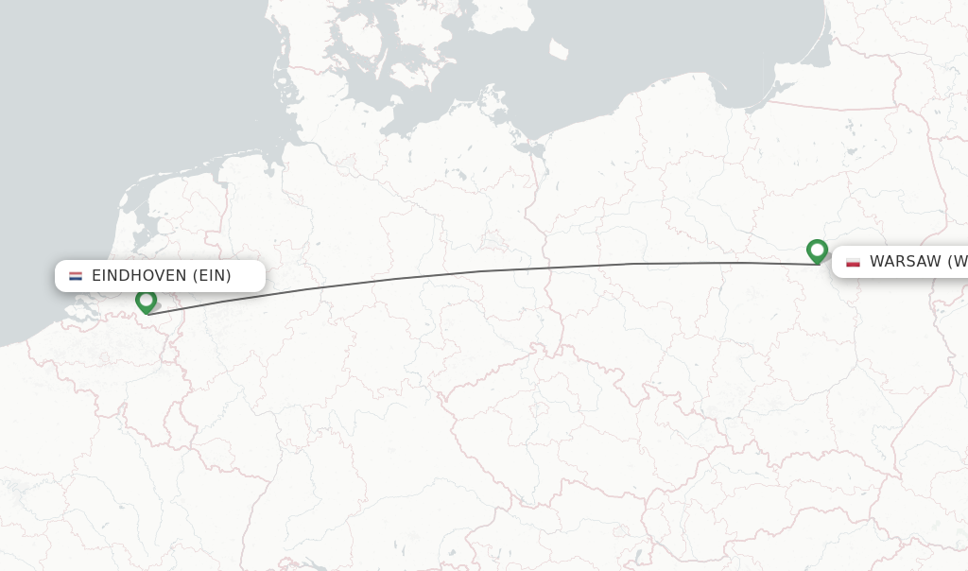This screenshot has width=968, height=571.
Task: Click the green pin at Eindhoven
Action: (146, 301)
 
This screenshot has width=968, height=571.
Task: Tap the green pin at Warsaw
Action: (818, 251)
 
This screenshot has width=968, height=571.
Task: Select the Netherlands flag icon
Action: (76, 276)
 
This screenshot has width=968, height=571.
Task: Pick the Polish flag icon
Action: (853, 262)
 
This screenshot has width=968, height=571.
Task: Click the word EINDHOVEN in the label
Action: (139, 276)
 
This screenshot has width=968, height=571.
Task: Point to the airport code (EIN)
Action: (212, 276)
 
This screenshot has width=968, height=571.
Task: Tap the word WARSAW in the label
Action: (906, 262)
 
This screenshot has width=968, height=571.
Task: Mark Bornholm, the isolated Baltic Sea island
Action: (559, 48)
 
